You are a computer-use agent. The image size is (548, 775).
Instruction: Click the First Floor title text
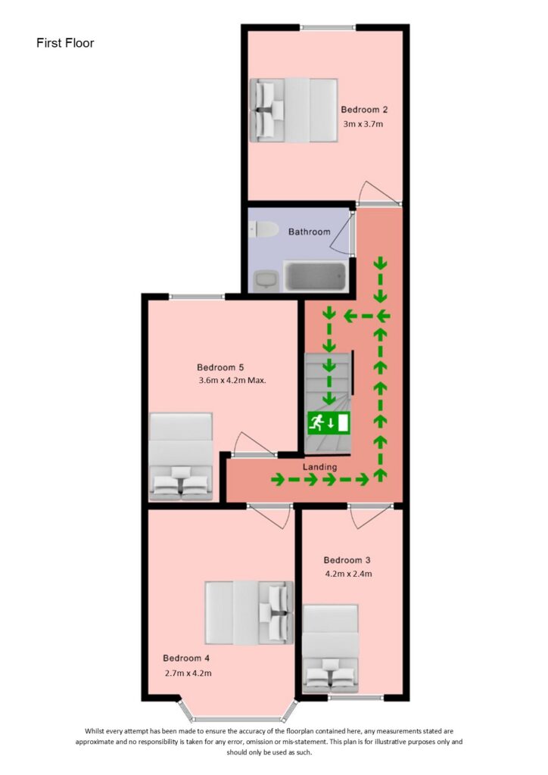click(x=65, y=43)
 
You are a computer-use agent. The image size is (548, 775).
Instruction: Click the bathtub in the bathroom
click(x=314, y=276)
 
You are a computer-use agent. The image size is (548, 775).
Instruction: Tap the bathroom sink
click(x=264, y=280)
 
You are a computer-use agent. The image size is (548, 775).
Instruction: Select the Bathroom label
click(x=309, y=232)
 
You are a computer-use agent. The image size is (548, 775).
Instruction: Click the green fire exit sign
click(x=328, y=422)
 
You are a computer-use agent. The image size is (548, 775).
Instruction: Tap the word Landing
click(x=320, y=467)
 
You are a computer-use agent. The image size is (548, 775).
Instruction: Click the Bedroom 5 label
click(x=220, y=368)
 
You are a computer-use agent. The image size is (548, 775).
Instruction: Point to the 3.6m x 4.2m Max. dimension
click(x=231, y=381)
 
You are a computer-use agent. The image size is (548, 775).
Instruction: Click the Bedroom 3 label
click(x=347, y=560)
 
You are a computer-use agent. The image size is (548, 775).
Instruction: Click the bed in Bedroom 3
click(x=331, y=649)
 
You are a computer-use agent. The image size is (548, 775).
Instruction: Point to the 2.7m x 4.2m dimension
click(x=188, y=673)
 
